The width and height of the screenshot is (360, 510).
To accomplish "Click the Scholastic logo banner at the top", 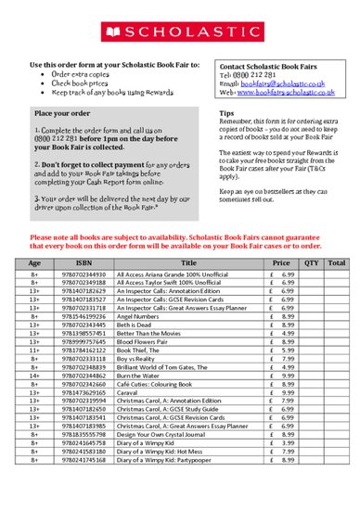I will click(180, 32).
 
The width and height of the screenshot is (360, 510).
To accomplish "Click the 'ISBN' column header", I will click(84, 264).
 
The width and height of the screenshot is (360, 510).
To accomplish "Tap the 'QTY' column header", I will click(311, 264).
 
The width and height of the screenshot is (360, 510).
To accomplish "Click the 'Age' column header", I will click(33, 264).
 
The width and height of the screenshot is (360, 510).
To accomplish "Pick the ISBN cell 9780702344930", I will click(84, 275).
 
